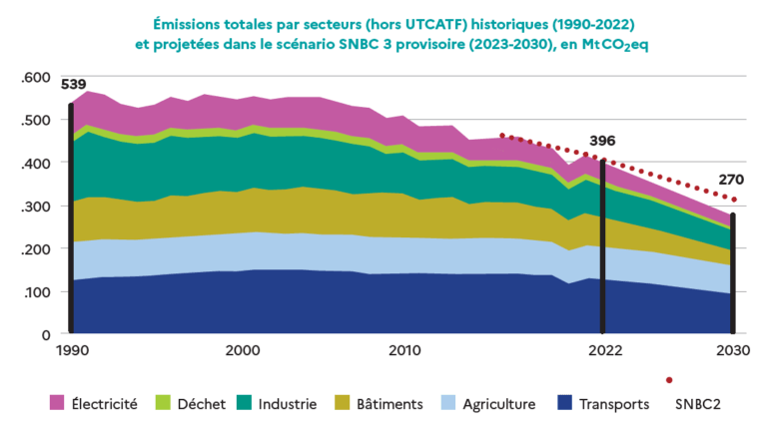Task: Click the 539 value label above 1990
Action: click(73, 85)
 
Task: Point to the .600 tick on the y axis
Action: click(36, 78)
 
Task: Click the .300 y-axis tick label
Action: click(36, 207)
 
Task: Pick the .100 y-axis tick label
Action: click(36, 292)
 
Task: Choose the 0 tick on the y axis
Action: click(45, 335)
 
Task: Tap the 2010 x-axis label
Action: click(403, 351)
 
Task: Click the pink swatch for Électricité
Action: click(58, 403)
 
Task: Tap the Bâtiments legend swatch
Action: click(345, 403)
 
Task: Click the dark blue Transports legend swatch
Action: click(565, 403)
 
